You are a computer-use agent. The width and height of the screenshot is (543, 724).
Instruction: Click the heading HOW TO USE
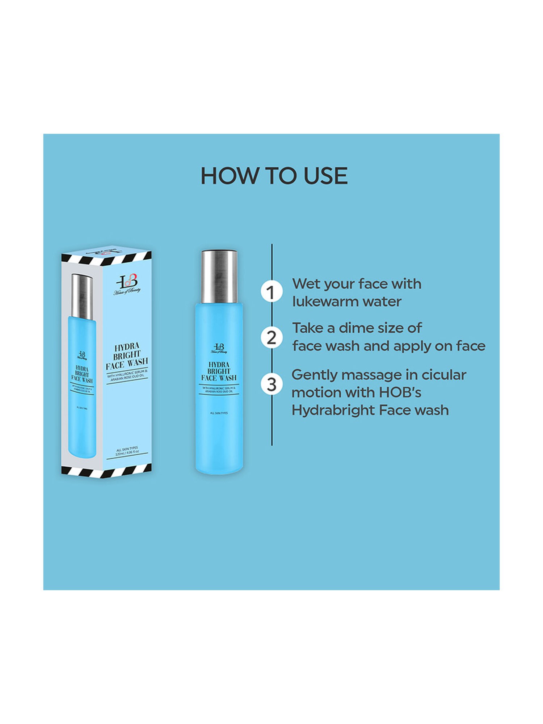click(274, 176)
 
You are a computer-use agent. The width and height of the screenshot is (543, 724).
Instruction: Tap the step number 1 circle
click(271, 292)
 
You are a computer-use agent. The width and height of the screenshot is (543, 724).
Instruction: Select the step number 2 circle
click(271, 337)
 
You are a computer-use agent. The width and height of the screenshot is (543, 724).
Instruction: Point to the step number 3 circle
click(271, 384)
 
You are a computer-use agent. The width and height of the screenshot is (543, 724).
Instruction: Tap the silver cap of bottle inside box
click(82, 296)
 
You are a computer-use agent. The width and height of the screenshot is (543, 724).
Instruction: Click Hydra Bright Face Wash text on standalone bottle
click(219, 371)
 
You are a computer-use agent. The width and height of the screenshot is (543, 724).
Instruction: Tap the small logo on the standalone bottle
click(219, 348)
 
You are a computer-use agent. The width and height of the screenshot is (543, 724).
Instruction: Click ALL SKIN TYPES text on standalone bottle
click(219, 413)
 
